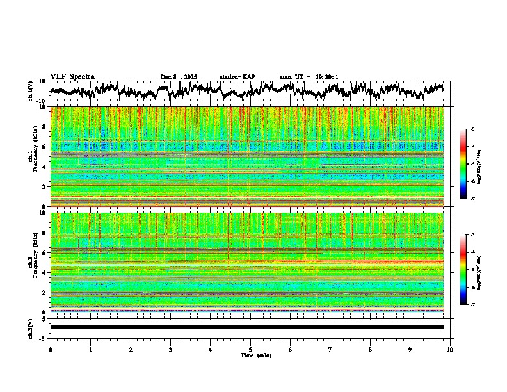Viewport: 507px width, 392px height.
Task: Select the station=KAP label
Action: [x=237, y=77]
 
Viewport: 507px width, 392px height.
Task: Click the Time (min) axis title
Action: [x=250, y=355]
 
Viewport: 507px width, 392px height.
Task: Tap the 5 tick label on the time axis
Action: [x=250, y=349]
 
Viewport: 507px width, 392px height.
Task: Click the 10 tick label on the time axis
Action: [x=450, y=349]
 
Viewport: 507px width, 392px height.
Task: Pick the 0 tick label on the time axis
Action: [x=51, y=349]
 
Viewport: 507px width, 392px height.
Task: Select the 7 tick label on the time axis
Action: [x=330, y=349]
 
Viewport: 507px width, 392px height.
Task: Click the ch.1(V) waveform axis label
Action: [x=31, y=91]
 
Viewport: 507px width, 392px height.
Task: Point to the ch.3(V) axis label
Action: [x=31, y=327]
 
